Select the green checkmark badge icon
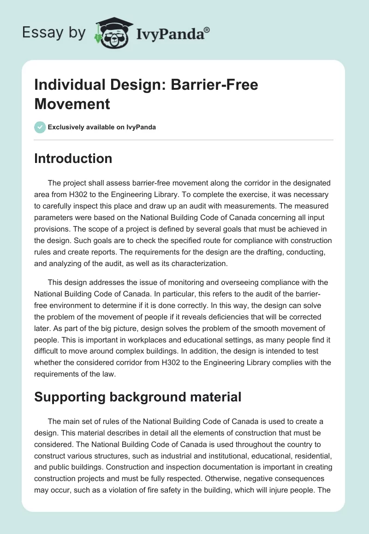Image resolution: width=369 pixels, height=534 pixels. click(40, 127)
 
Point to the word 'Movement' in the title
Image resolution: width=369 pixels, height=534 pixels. click(72, 104)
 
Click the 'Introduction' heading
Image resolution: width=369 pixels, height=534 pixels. click(73, 158)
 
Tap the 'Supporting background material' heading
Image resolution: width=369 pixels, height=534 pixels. click(138, 397)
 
